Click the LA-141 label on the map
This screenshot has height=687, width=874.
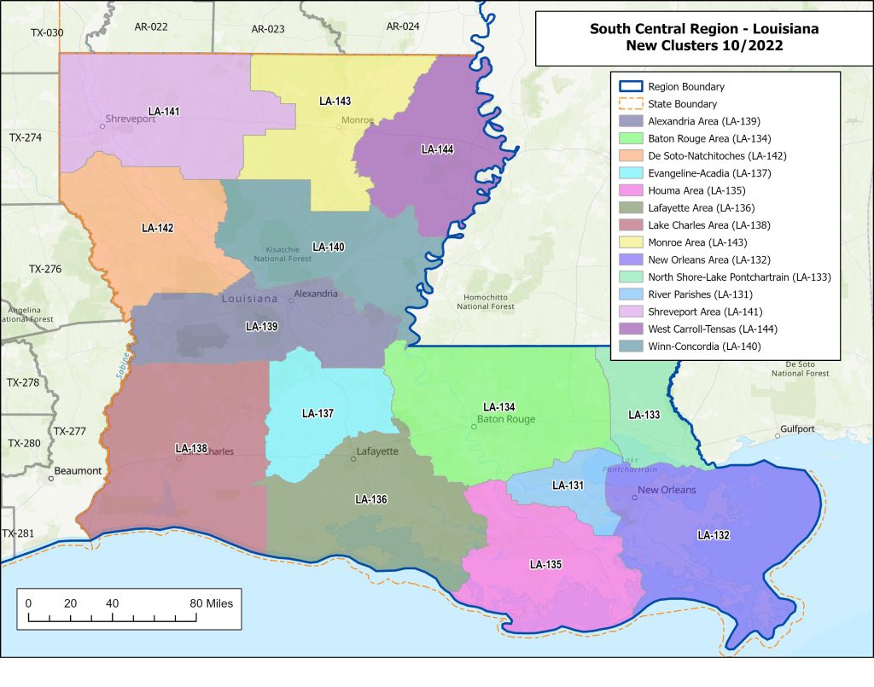164,111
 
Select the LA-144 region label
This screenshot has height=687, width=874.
437,149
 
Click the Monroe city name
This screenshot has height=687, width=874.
358,120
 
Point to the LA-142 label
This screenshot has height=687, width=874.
157,228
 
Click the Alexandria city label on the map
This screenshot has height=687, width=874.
316,294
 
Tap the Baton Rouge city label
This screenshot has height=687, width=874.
505,419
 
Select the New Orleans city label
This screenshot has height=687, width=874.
667,490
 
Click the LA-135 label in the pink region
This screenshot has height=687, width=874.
545,564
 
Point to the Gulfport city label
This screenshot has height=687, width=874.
799,428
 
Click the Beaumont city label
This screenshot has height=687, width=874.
78,471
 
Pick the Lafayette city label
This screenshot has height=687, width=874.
377,451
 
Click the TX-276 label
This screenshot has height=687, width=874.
45,269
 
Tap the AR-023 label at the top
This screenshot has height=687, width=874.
268,29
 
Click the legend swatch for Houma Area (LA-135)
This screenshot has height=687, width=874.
631,190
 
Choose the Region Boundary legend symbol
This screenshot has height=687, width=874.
631,86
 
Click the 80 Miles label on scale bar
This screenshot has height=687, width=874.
211,603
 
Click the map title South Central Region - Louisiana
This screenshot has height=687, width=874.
703,29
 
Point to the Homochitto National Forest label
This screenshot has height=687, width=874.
486,300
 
